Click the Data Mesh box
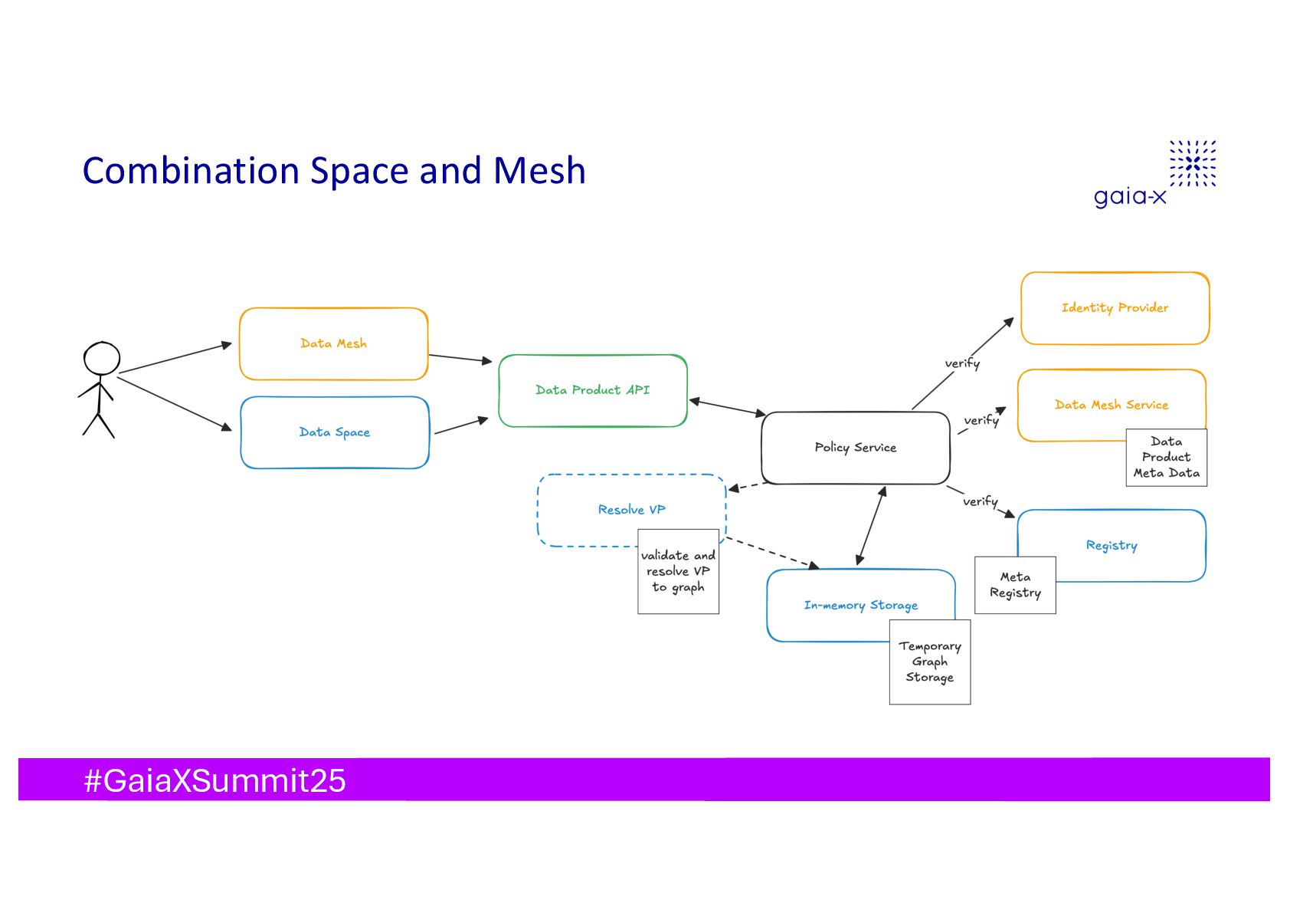pyautogui.click(x=333, y=344)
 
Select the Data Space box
pyautogui.click(x=335, y=432)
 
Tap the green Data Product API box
pyautogui.click(x=592, y=390)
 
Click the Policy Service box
pyautogui.click(x=855, y=448)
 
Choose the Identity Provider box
pyautogui.click(x=1115, y=308)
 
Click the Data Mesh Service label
pyautogui.click(x=1111, y=405)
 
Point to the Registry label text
pyautogui.click(x=1112, y=545)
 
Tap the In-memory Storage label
pyautogui.click(x=860, y=606)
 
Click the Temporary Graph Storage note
pyautogui.click(x=929, y=662)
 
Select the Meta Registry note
pyautogui.click(x=1015, y=585)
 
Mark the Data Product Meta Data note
pyautogui.click(x=1166, y=457)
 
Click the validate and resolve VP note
pyautogui.click(x=678, y=572)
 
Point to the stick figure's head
pyautogui.click(x=102, y=358)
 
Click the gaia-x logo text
pyautogui.click(x=1130, y=196)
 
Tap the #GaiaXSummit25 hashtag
pyautogui.click(x=214, y=780)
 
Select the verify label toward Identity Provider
pyautogui.click(x=962, y=363)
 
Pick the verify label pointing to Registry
pyautogui.click(x=981, y=501)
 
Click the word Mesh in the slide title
pyautogui.click(x=539, y=171)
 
